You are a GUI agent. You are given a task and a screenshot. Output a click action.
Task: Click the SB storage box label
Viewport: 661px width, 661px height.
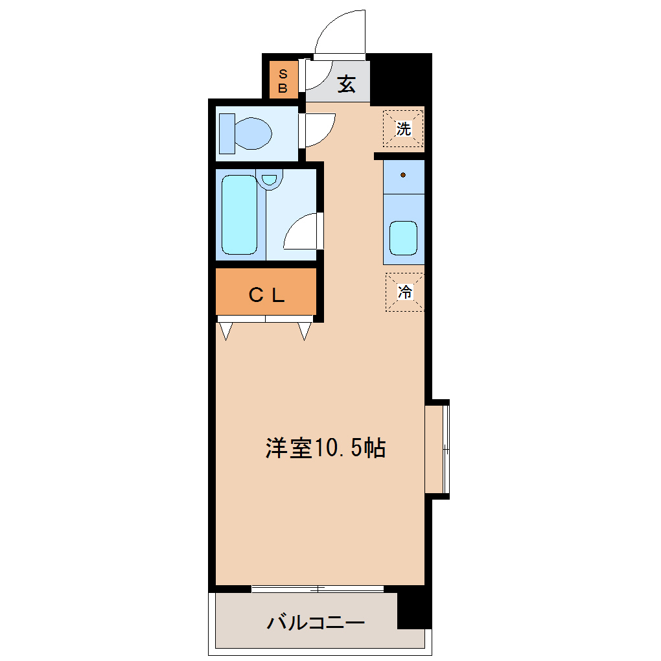coord(283,81)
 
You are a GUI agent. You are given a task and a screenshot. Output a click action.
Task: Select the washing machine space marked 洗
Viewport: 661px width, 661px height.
coord(403,128)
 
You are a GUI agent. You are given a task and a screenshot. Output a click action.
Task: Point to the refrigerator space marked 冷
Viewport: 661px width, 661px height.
coord(405,292)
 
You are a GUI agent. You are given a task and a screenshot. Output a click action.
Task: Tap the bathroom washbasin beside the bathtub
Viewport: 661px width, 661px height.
coord(270,178)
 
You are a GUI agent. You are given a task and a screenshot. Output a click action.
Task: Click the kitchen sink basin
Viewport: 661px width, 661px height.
coord(403,238)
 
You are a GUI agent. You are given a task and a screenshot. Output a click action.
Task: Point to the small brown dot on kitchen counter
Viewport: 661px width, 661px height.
coord(403,175)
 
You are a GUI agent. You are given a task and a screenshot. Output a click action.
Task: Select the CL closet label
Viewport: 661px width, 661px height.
coord(266,296)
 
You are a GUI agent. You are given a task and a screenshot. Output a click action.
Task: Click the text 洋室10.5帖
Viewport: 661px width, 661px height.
coord(325,448)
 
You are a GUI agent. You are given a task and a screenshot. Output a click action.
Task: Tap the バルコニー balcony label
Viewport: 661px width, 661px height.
coord(316,623)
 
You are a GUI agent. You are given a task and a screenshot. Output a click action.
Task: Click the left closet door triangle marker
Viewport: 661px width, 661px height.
coord(226,330)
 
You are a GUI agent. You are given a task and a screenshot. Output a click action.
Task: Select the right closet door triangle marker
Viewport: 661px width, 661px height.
coord(305,330)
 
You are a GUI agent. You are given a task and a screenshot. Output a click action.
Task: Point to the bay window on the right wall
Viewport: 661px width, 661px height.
coord(437,449)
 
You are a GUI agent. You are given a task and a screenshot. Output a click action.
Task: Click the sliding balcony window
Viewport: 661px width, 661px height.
coord(318,589)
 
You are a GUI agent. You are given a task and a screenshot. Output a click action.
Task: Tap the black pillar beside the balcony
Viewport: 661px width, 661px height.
coord(414,609)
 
